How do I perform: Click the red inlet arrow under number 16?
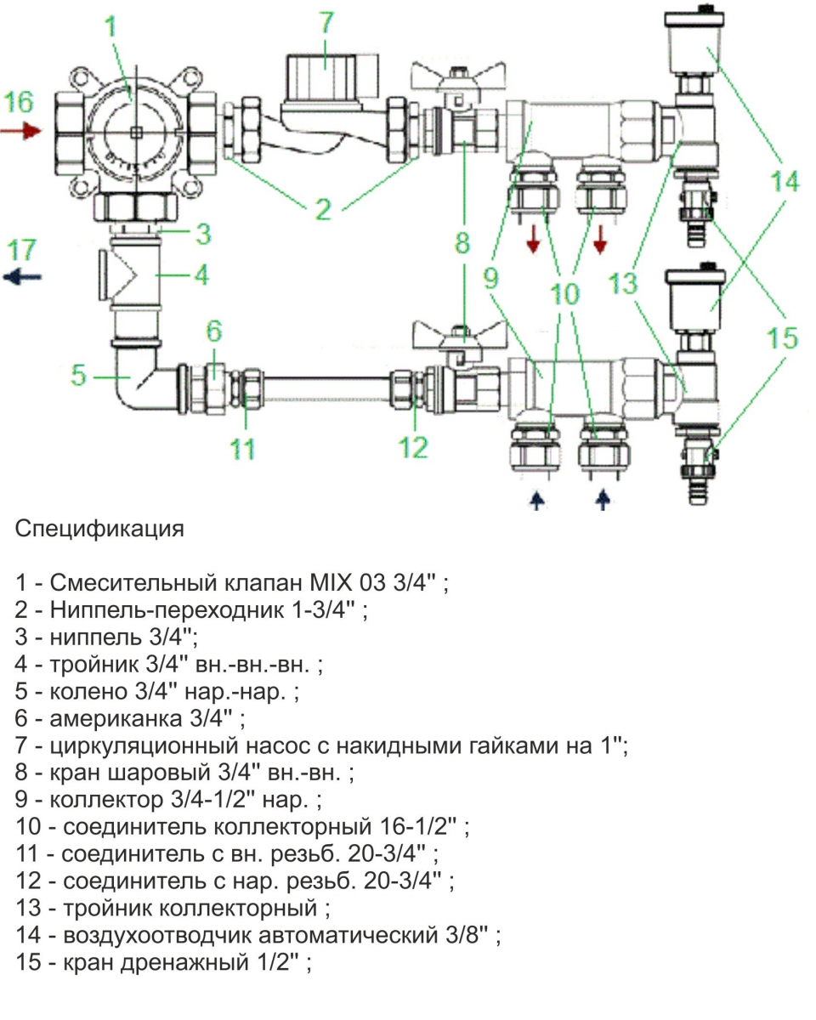tap(20, 131)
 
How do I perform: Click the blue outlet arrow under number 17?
tap(22, 276)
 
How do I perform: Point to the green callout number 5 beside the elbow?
tap(79, 375)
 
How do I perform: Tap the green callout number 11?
tap(244, 447)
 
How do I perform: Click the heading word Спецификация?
tap(99, 529)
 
